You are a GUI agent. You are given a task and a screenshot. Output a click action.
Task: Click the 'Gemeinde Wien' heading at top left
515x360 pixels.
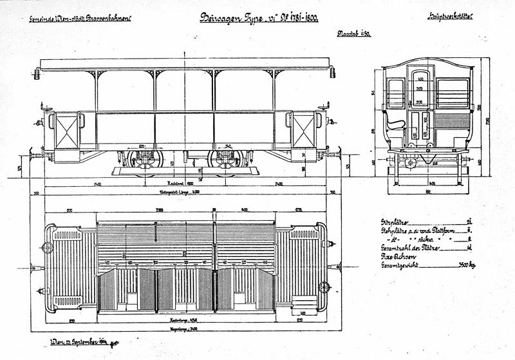(x=80, y=19)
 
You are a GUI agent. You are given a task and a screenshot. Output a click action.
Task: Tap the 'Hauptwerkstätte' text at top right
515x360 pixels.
(x=449, y=17)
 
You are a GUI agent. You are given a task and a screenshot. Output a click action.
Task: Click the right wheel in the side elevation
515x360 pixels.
(x=225, y=160)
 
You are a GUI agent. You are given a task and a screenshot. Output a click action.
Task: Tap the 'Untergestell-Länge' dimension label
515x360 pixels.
(x=185, y=192)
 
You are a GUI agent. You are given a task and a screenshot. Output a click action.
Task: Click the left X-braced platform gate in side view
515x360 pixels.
(x=66, y=130)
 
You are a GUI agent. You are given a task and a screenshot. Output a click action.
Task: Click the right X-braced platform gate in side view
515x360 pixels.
(x=303, y=130)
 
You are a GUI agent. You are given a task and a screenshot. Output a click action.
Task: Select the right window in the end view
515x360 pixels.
(x=453, y=94)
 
